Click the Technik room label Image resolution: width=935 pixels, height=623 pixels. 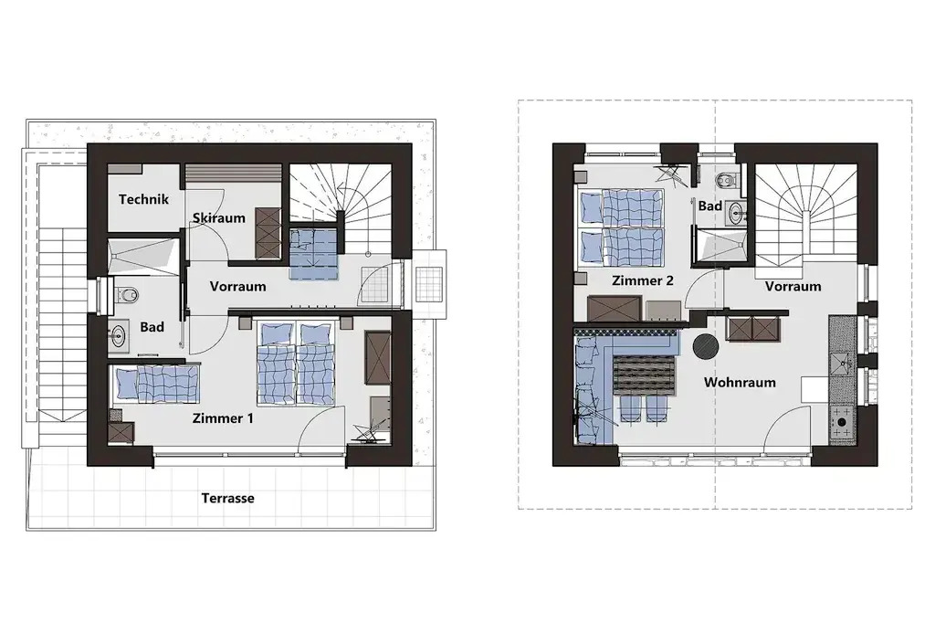click(x=143, y=199)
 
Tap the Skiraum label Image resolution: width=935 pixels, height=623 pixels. click(x=219, y=217)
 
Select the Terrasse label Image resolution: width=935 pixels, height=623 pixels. click(x=227, y=498)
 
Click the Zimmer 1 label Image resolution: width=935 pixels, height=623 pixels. click(x=223, y=418)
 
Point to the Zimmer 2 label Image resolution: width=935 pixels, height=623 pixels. click(x=643, y=280)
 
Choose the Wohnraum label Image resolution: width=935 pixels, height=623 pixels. click(x=740, y=383)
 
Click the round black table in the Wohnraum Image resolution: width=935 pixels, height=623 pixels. click(x=706, y=345)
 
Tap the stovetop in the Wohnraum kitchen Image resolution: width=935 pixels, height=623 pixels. click(x=841, y=423)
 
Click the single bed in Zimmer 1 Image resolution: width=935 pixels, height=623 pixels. click(x=157, y=383)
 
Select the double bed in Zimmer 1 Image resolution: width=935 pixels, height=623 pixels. click(x=295, y=364)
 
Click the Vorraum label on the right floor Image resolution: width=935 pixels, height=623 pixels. click(x=793, y=287)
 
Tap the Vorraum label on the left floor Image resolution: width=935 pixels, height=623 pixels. click(x=238, y=287)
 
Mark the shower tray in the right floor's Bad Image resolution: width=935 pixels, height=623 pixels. click(x=721, y=245)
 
